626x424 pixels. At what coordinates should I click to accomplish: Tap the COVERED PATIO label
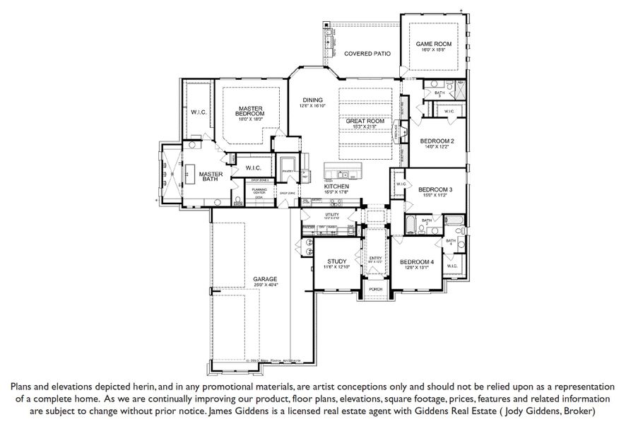click(x=364, y=54)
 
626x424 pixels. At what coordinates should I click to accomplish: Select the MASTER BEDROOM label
click(x=250, y=111)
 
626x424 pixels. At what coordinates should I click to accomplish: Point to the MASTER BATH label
click(x=211, y=176)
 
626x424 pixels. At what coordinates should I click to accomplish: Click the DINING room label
click(x=312, y=100)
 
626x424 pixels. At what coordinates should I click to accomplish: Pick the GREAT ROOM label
click(x=365, y=122)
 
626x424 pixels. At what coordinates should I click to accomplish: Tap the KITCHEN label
click(x=336, y=186)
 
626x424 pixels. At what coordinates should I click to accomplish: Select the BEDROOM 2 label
click(x=437, y=141)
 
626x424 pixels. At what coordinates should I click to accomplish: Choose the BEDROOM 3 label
click(x=435, y=189)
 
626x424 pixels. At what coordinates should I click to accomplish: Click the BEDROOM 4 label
click(x=417, y=261)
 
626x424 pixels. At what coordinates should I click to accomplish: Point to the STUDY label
click(x=336, y=261)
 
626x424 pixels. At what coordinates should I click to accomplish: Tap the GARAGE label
click(x=264, y=279)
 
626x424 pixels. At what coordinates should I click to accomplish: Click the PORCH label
click(x=375, y=289)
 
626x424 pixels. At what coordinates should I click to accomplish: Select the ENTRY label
click(x=375, y=258)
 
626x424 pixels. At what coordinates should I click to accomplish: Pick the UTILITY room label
click(x=332, y=214)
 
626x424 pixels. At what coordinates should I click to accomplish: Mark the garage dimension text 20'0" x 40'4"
click(x=264, y=285)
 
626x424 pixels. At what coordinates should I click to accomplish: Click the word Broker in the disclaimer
click(x=577, y=411)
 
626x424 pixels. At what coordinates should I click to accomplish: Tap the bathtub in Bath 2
click(x=412, y=225)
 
